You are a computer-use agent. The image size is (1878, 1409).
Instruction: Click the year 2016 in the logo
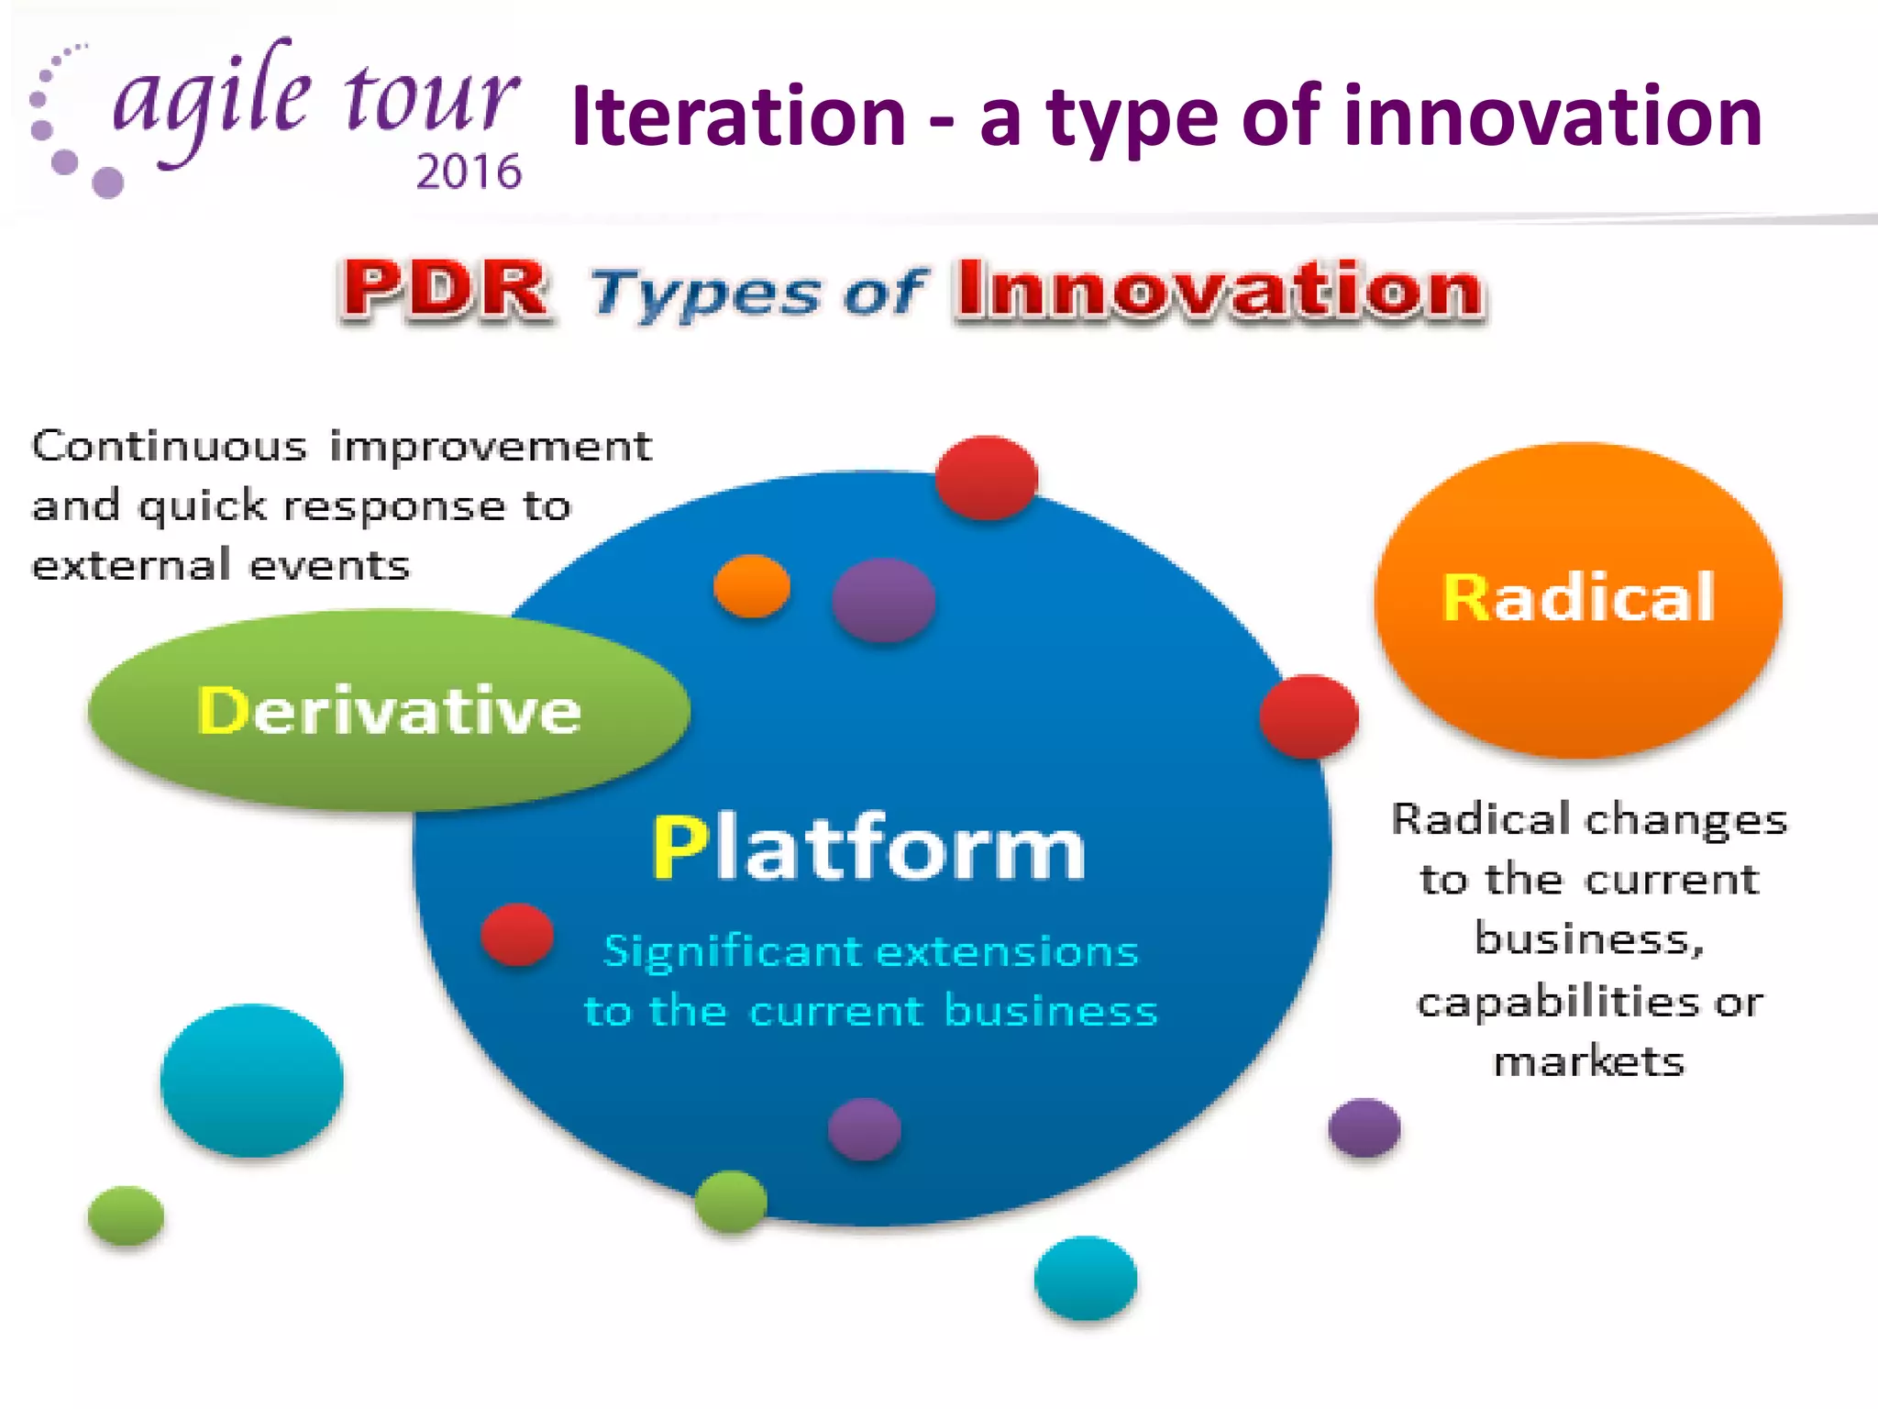[x=469, y=172]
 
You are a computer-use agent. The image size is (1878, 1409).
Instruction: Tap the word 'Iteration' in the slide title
[x=738, y=116]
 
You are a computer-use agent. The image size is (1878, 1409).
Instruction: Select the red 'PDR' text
[x=447, y=290]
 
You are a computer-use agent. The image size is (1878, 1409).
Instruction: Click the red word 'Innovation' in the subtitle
[x=1219, y=290]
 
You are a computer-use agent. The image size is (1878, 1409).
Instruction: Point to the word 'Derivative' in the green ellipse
[x=390, y=711]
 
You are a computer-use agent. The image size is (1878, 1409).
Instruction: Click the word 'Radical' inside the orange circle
[x=1578, y=597]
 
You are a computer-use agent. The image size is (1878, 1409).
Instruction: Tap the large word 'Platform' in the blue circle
[x=868, y=849]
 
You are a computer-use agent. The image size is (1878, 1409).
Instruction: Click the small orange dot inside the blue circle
[x=752, y=586]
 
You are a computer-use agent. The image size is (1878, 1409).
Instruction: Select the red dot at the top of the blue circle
[x=987, y=478]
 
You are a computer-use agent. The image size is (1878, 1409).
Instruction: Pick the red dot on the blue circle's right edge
[x=1309, y=716]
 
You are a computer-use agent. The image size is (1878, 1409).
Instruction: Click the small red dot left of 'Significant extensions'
[x=517, y=935]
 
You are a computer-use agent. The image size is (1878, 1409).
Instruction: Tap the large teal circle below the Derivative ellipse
[x=252, y=1080]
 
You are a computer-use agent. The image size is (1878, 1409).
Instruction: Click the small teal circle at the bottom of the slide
[x=1086, y=1277]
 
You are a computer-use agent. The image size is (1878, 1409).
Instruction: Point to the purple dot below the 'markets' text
[x=1364, y=1127]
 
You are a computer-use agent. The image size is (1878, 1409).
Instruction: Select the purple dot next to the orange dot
[x=884, y=600]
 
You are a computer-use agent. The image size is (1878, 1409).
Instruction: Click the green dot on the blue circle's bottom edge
[x=731, y=1201]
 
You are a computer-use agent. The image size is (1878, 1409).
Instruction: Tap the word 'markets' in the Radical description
[x=1589, y=1062]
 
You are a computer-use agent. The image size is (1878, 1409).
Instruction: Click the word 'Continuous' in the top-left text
[x=170, y=447]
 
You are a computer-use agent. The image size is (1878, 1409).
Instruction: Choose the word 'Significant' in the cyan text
[x=733, y=951]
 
